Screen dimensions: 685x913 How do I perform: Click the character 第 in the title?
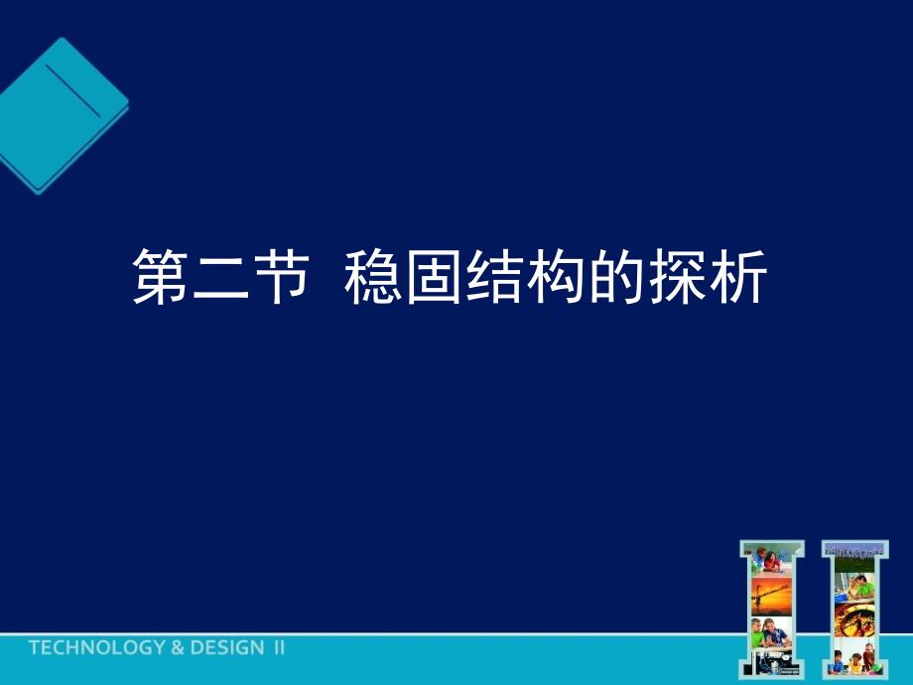click(161, 277)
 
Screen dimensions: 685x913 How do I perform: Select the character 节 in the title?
click(273, 277)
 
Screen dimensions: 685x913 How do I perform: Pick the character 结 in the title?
click(487, 277)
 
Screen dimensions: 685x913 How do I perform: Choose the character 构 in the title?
click(544, 277)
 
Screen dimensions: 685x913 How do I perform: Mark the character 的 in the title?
click(600, 277)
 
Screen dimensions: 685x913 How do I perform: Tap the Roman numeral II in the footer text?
click(279, 648)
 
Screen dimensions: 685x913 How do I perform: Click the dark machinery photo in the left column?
click(775, 663)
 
